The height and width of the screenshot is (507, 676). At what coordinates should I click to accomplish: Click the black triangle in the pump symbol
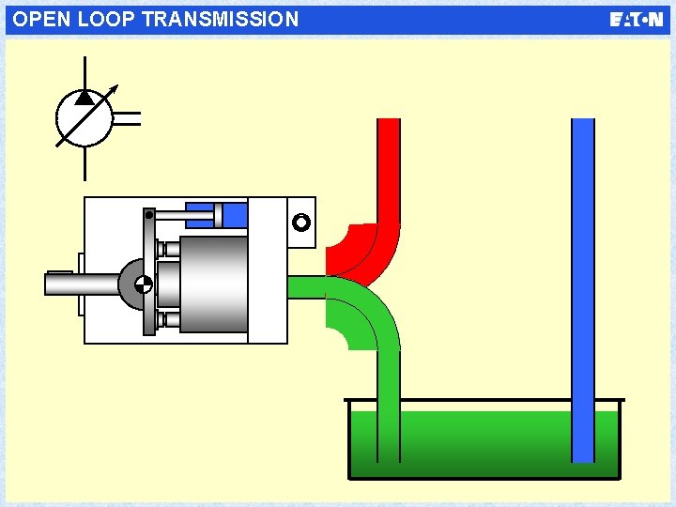point(84,97)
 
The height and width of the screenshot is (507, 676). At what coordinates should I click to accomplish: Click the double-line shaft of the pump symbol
point(127,118)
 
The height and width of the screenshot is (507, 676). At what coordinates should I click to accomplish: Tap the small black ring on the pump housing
point(300,223)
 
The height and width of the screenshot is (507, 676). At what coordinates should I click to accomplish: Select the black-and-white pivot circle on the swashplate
point(144,284)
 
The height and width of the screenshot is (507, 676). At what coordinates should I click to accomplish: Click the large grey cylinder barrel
point(213,284)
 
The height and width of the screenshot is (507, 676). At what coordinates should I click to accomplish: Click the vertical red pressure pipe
point(388,169)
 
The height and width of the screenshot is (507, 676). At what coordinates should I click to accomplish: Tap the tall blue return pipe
point(583,282)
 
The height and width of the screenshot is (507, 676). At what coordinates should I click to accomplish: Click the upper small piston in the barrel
point(169,249)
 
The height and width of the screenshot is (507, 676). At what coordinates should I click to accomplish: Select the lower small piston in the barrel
point(169,319)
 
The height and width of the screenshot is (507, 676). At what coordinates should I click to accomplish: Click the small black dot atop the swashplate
point(148,214)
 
